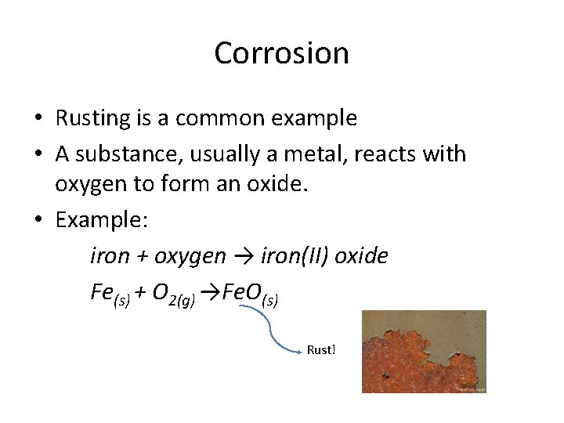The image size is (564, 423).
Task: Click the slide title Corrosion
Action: tap(281, 53)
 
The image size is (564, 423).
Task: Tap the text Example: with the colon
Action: tap(101, 221)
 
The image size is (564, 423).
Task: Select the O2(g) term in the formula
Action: tap(173, 294)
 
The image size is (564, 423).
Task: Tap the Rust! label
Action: tap(321, 350)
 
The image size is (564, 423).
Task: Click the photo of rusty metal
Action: tap(424, 351)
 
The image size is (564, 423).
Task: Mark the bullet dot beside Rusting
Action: tap(38, 119)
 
